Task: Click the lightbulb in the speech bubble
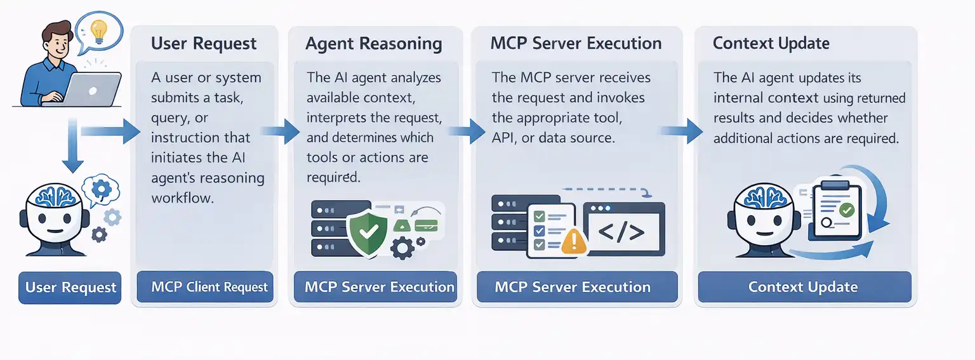click(98, 30)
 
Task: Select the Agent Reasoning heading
click(373, 43)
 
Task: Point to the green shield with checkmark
click(368, 231)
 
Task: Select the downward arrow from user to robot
click(74, 148)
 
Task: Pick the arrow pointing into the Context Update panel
click(682, 131)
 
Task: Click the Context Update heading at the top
click(771, 43)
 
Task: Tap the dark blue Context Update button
click(804, 287)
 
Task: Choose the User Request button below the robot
click(70, 287)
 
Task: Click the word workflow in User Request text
click(182, 198)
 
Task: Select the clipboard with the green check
click(837, 209)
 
